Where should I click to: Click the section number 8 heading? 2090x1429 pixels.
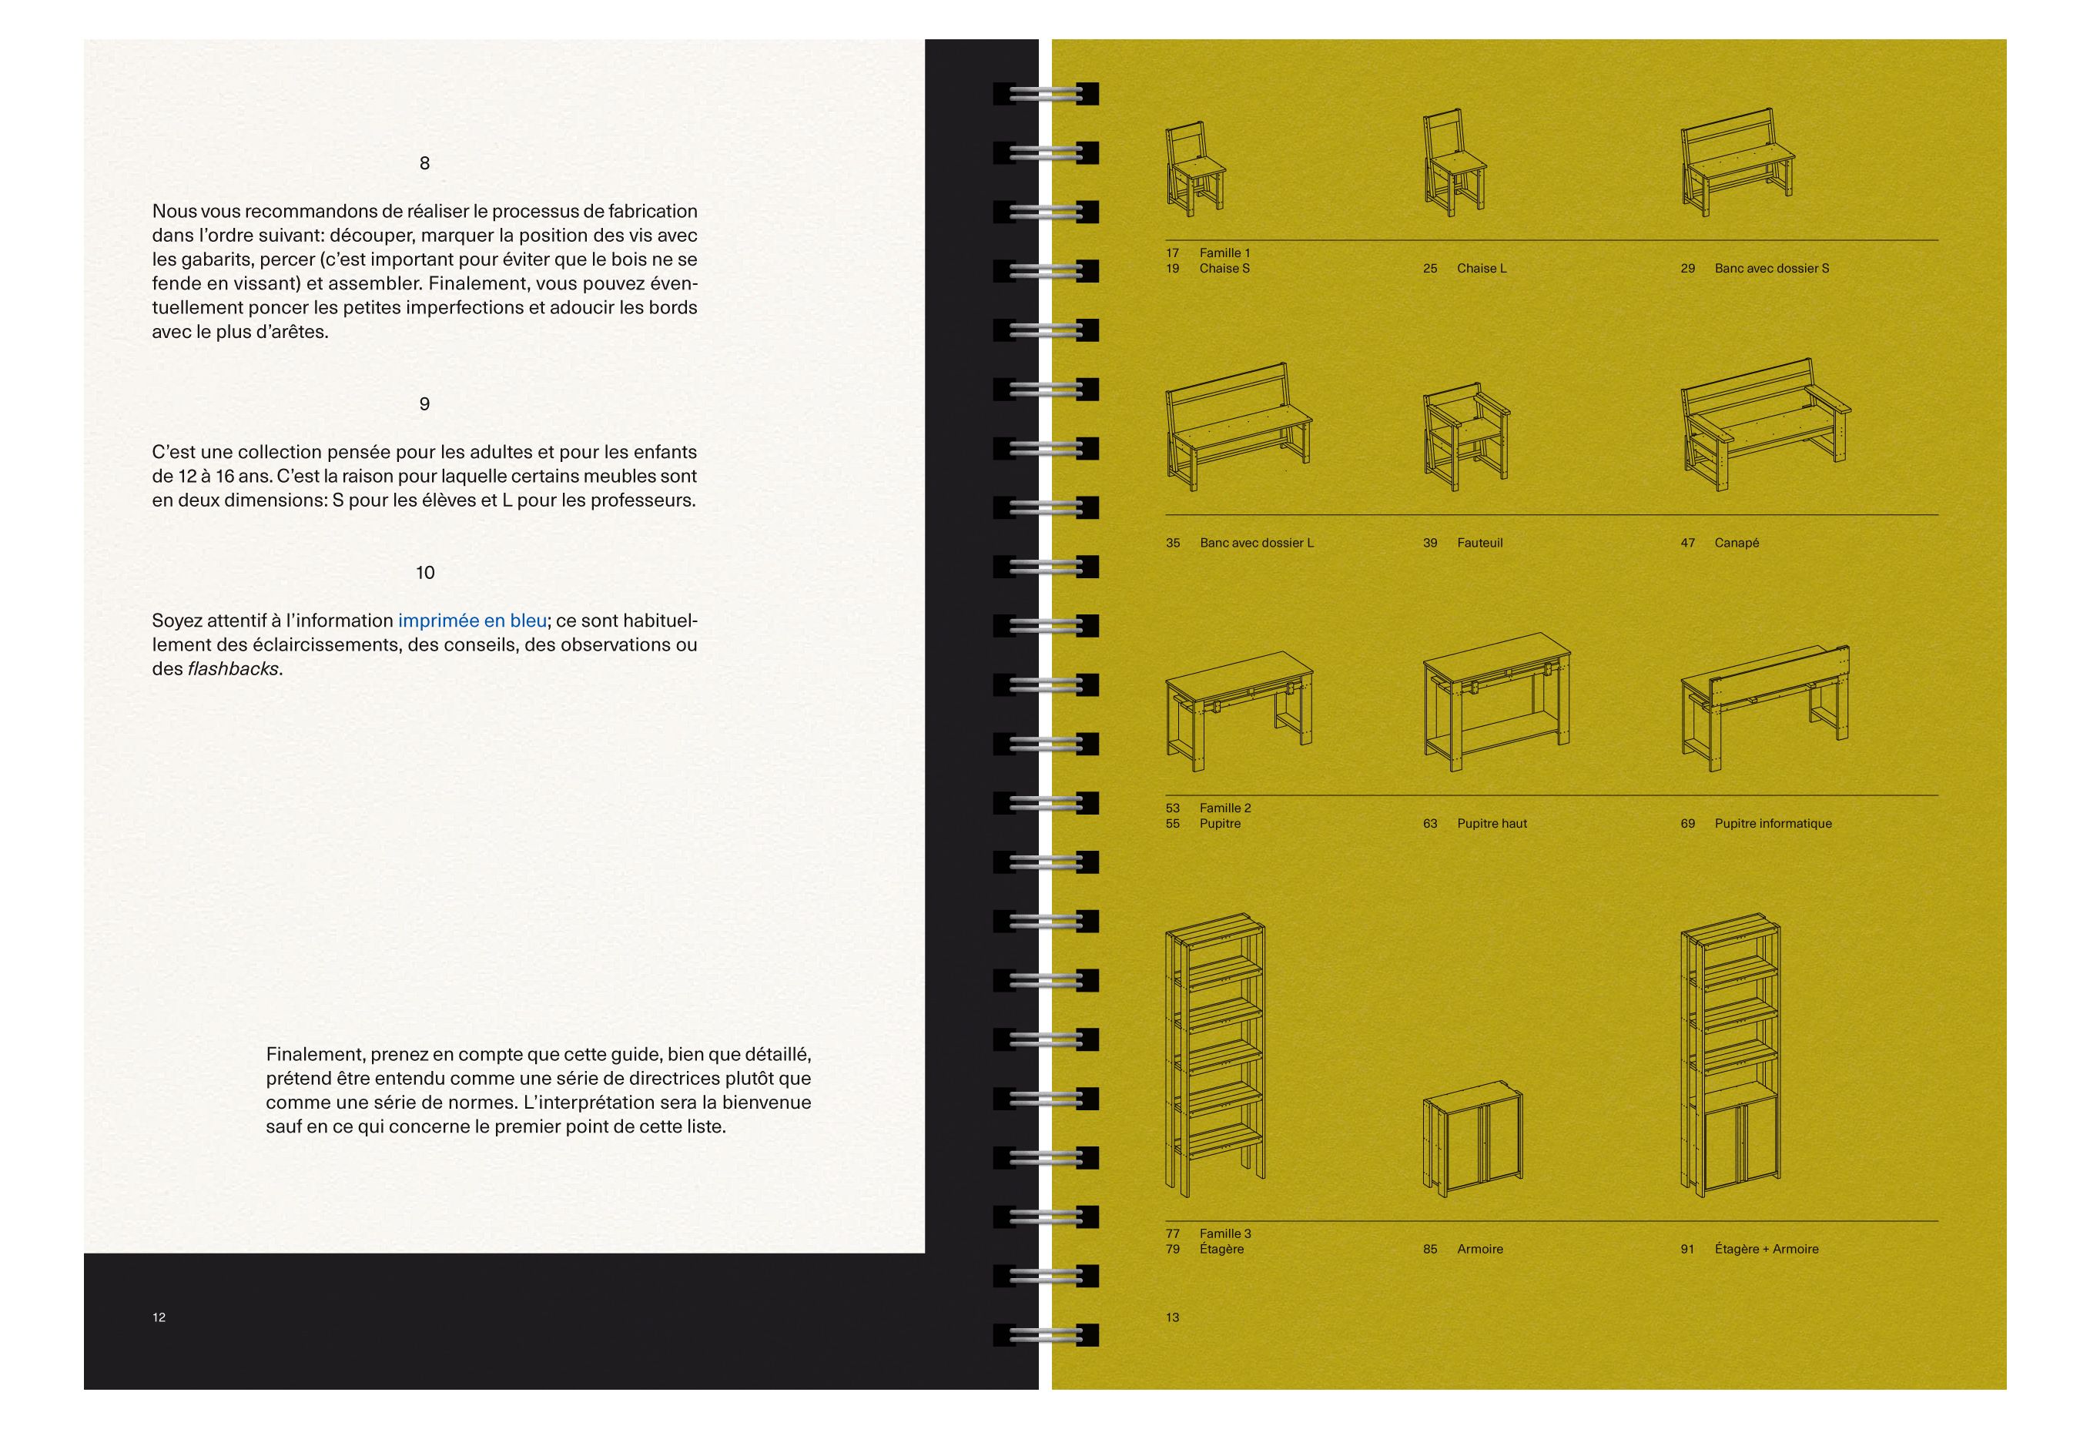tap(424, 162)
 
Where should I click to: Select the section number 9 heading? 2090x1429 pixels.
tap(424, 403)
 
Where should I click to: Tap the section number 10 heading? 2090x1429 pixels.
tap(425, 572)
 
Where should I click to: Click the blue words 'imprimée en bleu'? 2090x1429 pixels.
tap(472, 621)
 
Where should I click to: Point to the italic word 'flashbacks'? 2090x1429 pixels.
tap(233, 668)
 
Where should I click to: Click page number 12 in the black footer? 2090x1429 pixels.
tap(159, 1317)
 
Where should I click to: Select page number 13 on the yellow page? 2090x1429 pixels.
tap(1173, 1317)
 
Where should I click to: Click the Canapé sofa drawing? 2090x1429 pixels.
tap(1765, 423)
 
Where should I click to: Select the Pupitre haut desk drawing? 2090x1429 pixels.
tap(1496, 701)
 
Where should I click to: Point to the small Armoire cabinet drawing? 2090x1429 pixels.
tap(1472, 1139)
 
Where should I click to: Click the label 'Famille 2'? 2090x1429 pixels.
tap(1225, 808)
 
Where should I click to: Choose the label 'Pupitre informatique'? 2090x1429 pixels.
tap(1773, 823)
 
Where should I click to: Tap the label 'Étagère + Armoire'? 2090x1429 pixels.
tap(1767, 1248)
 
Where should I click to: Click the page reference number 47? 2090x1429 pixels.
tap(1688, 542)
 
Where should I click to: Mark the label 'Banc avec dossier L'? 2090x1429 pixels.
tap(1256, 542)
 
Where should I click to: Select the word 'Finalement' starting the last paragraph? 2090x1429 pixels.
tap(314, 1054)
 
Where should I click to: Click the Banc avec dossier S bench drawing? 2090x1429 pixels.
tap(1737, 162)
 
